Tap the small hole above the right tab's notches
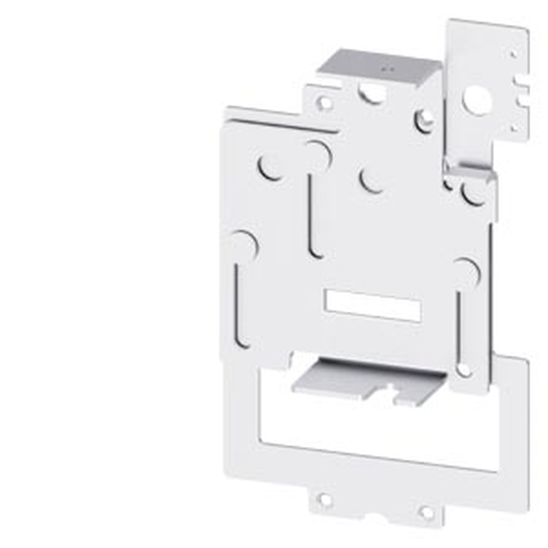[513, 54]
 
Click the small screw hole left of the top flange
[324, 102]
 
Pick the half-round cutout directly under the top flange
[372, 94]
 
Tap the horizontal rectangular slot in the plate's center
[373, 306]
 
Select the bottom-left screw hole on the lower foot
[324, 500]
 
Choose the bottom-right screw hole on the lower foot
[426, 512]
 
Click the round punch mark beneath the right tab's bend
[472, 193]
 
